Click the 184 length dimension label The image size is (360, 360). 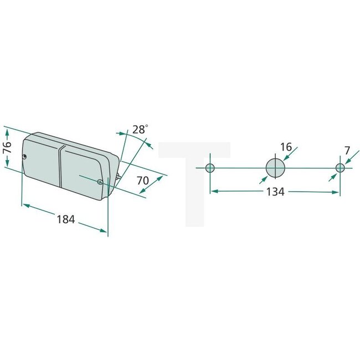[65, 219]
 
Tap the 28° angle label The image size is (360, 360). [141, 130]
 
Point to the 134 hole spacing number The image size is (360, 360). [275, 192]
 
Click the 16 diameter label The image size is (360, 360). [286, 147]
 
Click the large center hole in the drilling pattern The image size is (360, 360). [275, 167]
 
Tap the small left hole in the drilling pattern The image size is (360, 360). [210, 168]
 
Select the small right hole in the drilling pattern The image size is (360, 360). [340, 168]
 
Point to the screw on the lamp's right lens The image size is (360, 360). [99, 182]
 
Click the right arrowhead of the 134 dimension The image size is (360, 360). [336, 192]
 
